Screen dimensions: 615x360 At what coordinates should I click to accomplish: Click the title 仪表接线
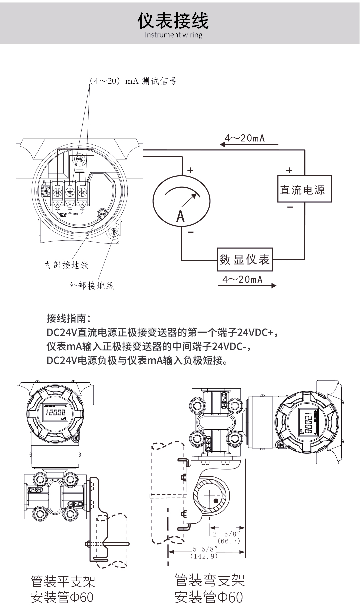pyautogui.click(x=173, y=21)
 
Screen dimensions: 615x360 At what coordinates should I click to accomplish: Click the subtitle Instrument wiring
pyautogui.click(x=173, y=35)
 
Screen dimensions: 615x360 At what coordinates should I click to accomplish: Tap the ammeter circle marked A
pyautogui.click(x=181, y=201)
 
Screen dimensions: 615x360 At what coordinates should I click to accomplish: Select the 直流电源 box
pyautogui.click(x=305, y=189)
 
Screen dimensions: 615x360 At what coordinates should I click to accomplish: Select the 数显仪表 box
pyautogui.click(x=245, y=259)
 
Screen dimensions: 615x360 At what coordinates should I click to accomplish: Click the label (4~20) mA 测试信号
pyautogui.click(x=133, y=81)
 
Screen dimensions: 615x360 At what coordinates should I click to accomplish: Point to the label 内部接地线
pyautogui.click(x=66, y=265)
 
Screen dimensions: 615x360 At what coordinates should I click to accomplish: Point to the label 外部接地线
pyautogui.click(x=91, y=285)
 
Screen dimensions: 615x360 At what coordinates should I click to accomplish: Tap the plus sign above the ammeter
pyautogui.click(x=190, y=170)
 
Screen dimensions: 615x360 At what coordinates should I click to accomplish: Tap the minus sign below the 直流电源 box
pyautogui.click(x=290, y=207)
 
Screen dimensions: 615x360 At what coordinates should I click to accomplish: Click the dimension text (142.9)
pyautogui.click(x=204, y=556)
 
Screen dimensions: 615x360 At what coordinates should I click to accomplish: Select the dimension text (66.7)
pyautogui.click(x=229, y=541)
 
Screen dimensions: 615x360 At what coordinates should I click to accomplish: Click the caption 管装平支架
pyautogui.click(x=63, y=581)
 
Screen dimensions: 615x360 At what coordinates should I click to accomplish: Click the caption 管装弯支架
pyautogui.click(x=210, y=580)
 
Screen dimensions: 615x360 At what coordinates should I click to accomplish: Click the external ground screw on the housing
pyautogui.click(x=113, y=231)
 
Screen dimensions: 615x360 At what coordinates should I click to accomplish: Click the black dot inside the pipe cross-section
pyautogui.click(x=216, y=501)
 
